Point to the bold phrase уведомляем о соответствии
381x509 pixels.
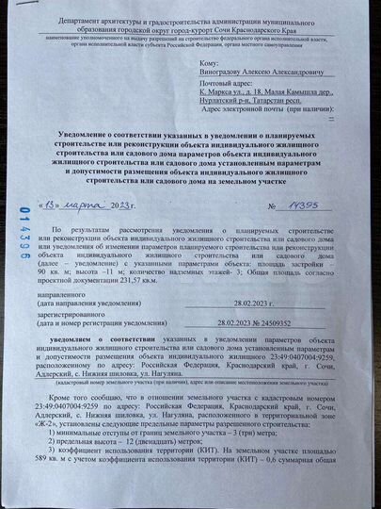tap(89, 337)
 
